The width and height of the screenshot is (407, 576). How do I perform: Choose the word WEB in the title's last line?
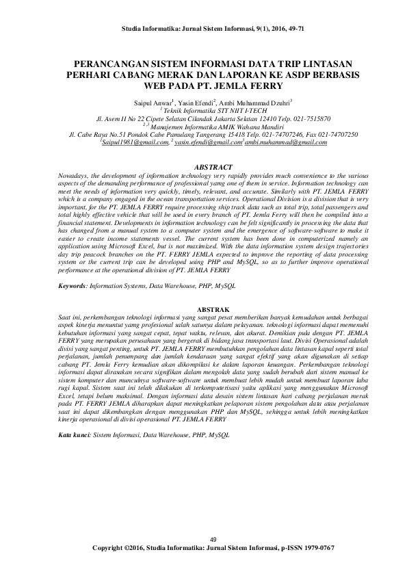point(155,88)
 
